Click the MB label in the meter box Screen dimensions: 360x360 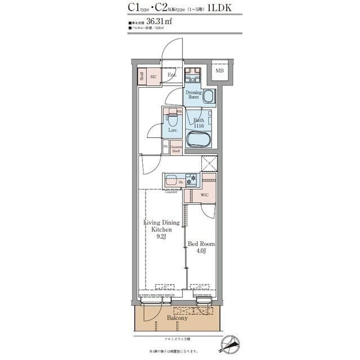click(219, 71)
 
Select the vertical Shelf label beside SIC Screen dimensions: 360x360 click(142, 76)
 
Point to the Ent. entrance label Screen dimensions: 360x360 click(172, 75)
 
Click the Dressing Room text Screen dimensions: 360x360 click(193, 94)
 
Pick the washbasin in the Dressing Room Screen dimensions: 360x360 click(209, 96)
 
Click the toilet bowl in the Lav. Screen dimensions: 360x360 click(173, 119)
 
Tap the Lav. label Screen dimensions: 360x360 click(173, 130)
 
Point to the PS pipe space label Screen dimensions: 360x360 click(165, 147)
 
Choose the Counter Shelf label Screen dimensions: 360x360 click(175, 149)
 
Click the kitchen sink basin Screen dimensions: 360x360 click(172, 181)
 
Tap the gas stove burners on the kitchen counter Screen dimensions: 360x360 click(192, 181)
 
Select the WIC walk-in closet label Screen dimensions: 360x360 click(205, 195)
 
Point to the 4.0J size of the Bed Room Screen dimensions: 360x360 click(201, 251)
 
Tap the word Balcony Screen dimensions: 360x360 click(177, 318)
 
